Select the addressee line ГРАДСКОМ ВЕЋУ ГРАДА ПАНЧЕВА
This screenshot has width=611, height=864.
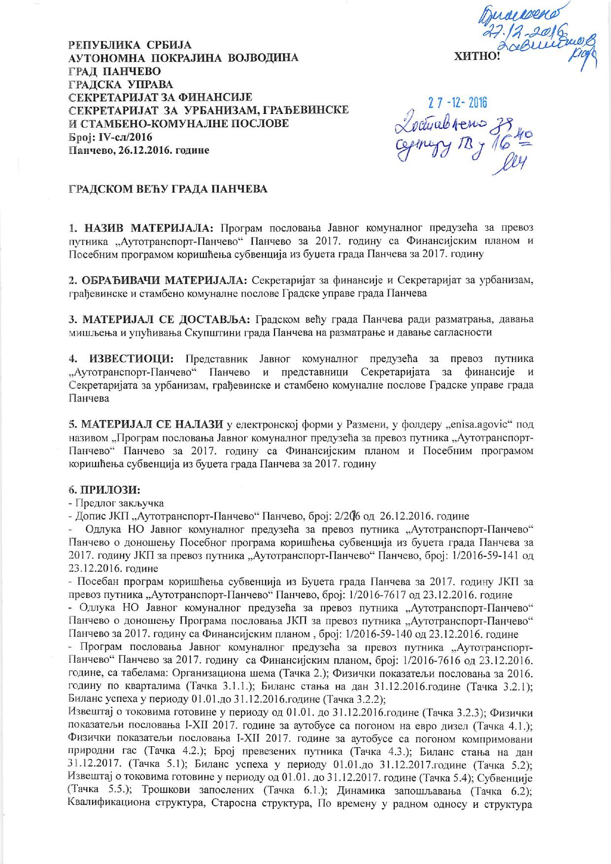coord(168,189)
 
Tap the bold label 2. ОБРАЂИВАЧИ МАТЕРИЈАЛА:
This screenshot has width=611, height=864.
coord(158,281)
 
